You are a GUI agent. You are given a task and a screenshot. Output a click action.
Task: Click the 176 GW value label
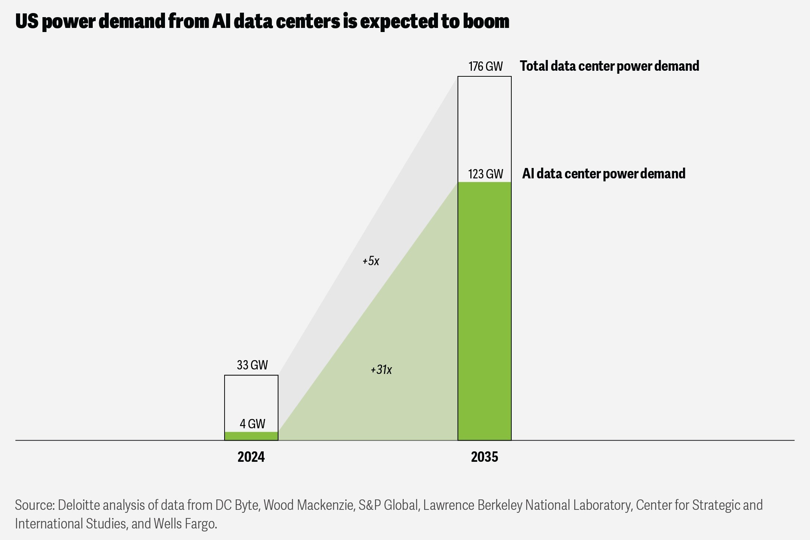point(485,66)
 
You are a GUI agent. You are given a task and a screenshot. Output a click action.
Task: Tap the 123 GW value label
point(485,174)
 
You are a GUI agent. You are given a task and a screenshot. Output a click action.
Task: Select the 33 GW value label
point(252,365)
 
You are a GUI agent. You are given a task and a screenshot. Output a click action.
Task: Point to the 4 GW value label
point(252,424)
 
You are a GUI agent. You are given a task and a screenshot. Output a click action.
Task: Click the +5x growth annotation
point(371,261)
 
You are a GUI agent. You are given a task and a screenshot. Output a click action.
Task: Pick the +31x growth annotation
point(381,370)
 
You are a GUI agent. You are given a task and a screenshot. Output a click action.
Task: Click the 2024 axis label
point(251,457)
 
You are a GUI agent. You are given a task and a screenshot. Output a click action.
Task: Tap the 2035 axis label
point(484,457)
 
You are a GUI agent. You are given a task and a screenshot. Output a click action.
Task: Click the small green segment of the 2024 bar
point(251,436)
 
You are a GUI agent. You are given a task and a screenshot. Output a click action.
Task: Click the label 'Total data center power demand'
point(609,66)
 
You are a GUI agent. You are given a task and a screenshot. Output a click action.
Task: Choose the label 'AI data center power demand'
point(603,174)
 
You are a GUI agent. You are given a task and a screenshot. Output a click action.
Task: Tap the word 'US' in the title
point(26,22)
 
